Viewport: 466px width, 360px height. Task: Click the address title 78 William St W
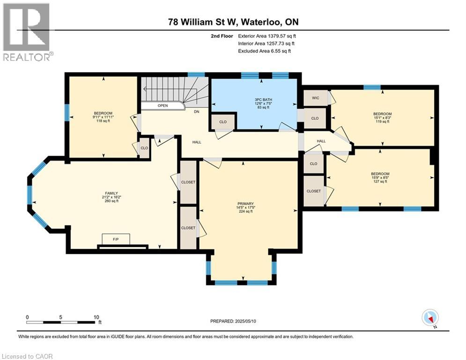coord(233,22)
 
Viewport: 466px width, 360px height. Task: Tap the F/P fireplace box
coord(115,239)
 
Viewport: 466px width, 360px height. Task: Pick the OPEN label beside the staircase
coord(163,105)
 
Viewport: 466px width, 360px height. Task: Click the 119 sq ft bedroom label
coord(382,118)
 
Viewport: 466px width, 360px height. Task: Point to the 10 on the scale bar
coord(97,316)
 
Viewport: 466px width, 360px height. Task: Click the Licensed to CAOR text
coord(27,356)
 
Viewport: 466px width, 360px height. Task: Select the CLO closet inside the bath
coord(223,122)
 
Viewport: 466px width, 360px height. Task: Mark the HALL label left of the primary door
coord(197,142)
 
